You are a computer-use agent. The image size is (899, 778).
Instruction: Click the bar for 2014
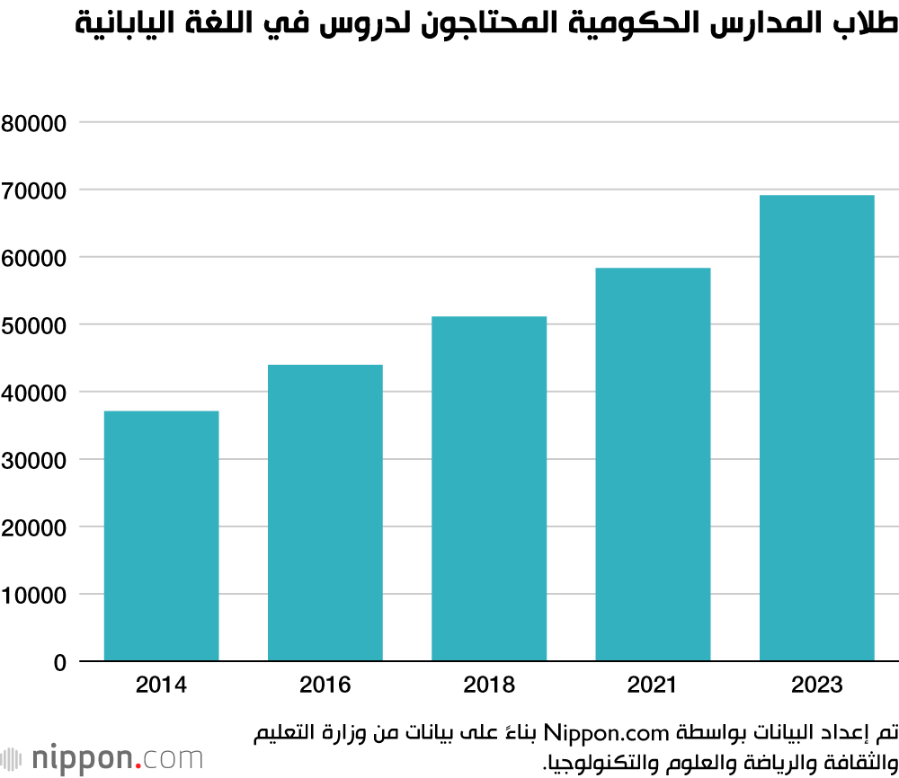pos(161,536)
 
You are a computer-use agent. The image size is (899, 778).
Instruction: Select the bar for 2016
pos(325,513)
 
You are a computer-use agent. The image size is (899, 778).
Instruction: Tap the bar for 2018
pos(489,489)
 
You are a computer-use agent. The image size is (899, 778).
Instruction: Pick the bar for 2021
pos(653,464)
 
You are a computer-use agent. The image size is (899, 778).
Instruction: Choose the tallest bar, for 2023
pos(816,429)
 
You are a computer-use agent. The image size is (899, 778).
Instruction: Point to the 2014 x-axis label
pos(161,685)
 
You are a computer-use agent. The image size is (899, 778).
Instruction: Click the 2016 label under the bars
pos(325,685)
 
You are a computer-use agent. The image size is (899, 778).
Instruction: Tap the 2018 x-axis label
pos(489,685)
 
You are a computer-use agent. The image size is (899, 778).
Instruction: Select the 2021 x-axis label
pos(653,685)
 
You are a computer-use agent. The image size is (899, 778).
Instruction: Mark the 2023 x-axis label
pos(816,685)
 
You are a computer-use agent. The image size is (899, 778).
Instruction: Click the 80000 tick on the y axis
pos(34,123)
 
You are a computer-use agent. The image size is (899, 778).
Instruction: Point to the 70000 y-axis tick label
pos(34,190)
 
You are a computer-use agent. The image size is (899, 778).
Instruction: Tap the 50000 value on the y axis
pos(34,325)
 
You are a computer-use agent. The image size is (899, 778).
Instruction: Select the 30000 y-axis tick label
pos(34,460)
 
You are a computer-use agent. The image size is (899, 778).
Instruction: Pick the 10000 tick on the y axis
pos(34,595)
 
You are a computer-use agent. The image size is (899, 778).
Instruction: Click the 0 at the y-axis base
pos(59,663)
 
